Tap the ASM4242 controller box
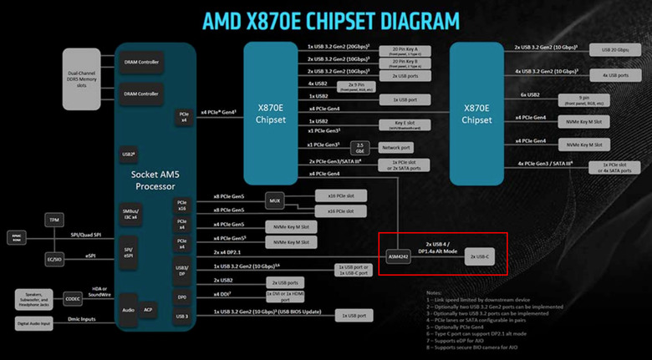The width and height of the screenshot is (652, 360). point(398,256)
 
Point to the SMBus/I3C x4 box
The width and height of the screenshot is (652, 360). point(129,213)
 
